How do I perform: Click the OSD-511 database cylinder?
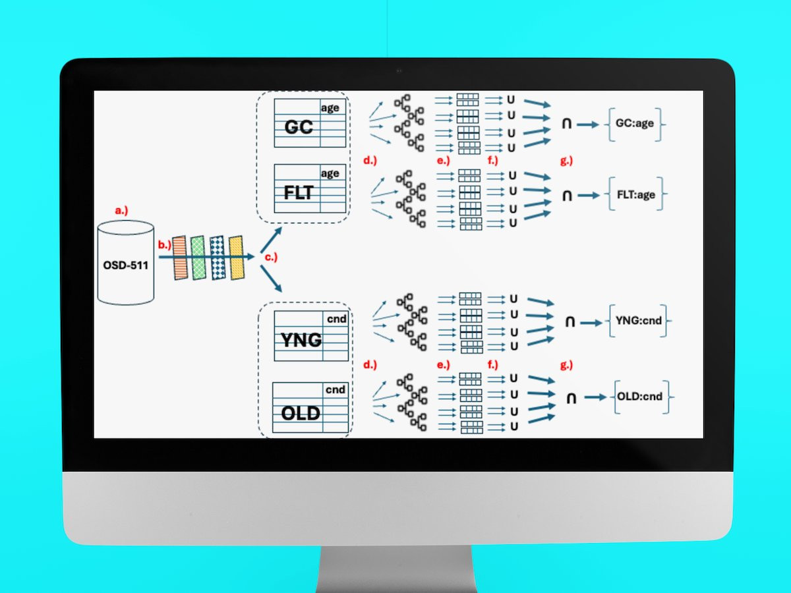coord(126,263)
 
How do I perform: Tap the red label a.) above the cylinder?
coord(121,211)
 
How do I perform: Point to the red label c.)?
coord(270,258)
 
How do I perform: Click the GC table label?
coord(298,127)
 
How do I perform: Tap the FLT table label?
coord(298,194)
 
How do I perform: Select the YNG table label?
coord(301,340)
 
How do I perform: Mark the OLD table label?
coord(301,413)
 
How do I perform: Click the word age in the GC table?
coord(330,107)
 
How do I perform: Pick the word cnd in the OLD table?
coord(335,389)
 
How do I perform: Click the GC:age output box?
coord(634,123)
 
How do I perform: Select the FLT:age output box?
coord(635,195)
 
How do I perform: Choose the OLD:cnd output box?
coord(639,397)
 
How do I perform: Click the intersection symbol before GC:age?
coord(566,123)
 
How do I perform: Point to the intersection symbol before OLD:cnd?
coord(571,398)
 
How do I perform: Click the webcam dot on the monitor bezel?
coord(397,71)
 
